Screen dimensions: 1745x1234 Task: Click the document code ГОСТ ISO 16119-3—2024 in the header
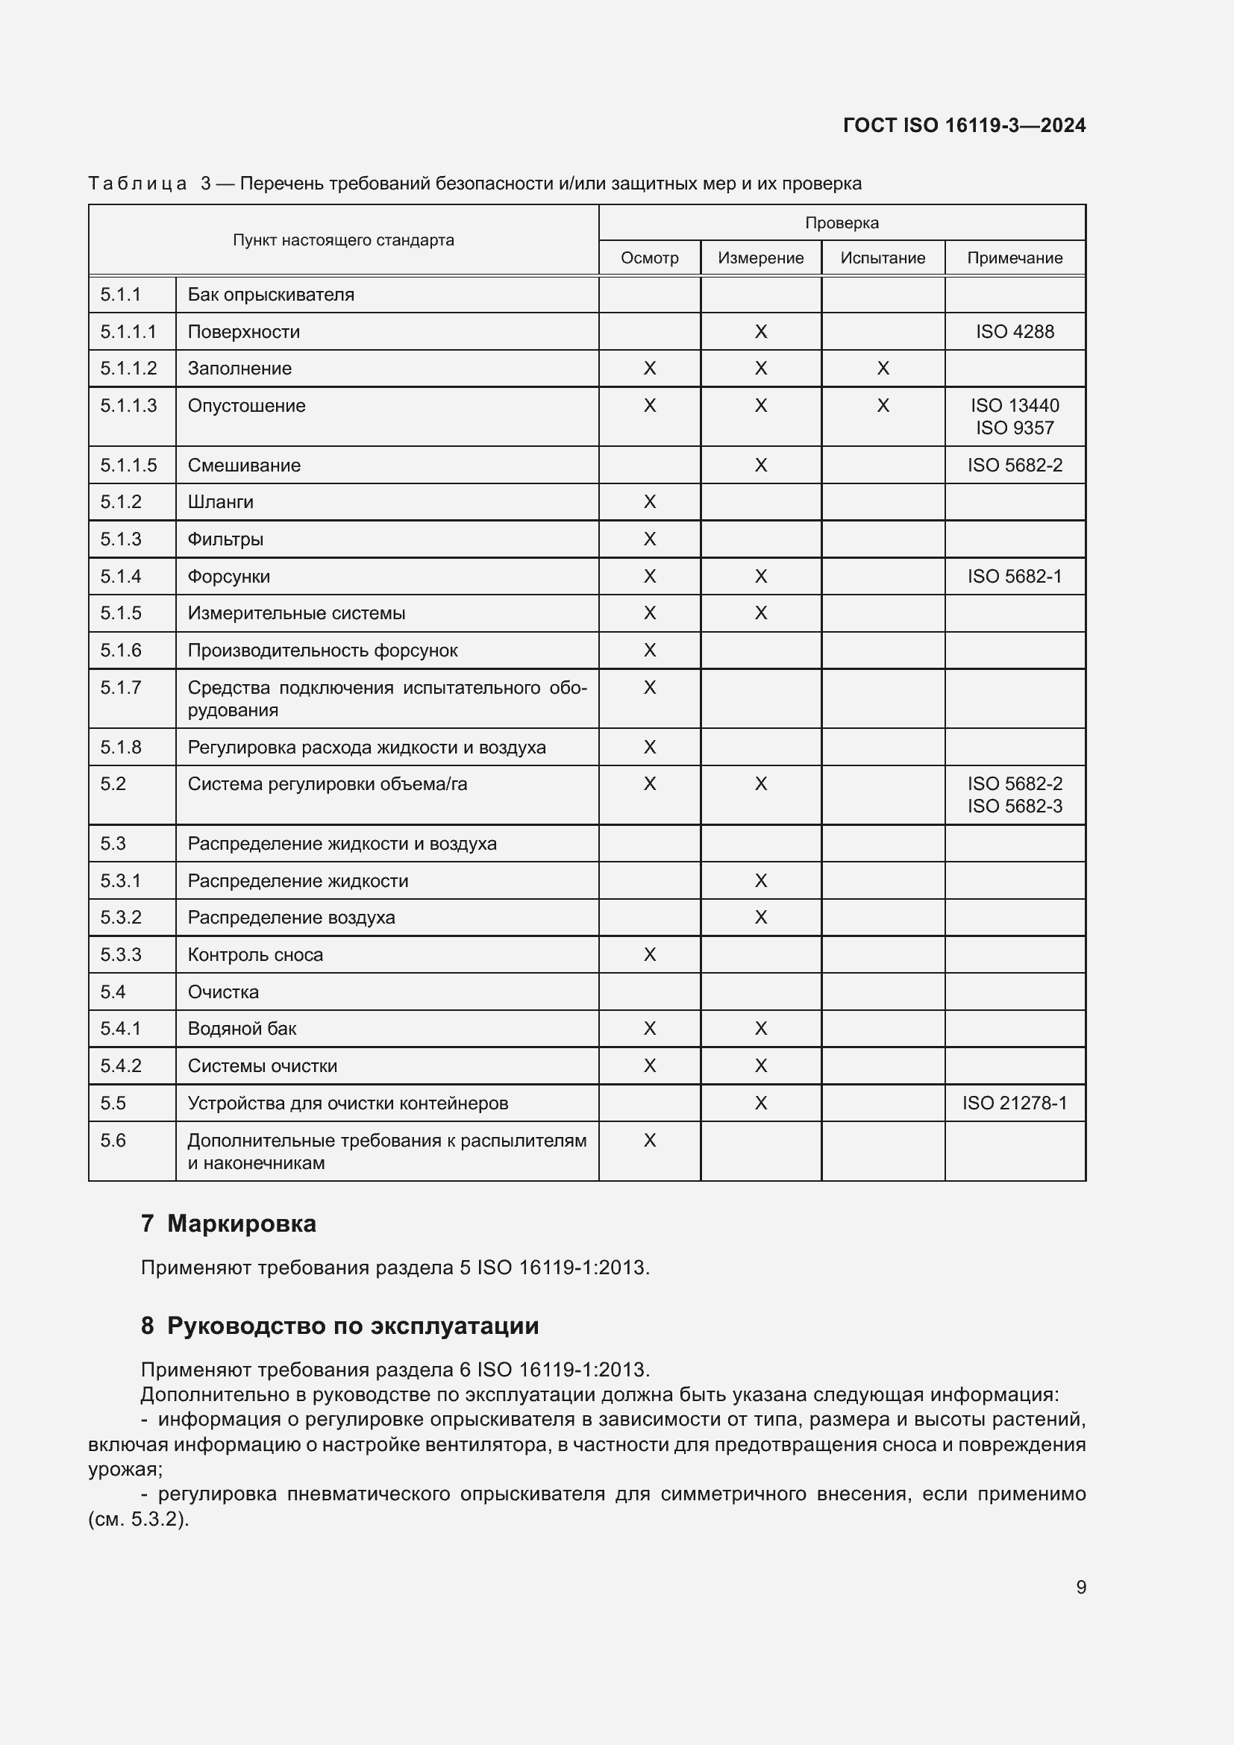click(x=963, y=125)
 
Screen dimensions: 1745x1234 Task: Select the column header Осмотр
click(x=649, y=257)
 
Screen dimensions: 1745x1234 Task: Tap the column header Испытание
click(x=882, y=257)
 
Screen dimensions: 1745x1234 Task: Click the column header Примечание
click(x=1015, y=257)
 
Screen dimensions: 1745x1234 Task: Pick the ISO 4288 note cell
click(x=1015, y=331)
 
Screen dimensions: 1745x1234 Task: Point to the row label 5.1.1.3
click(x=128, y=405)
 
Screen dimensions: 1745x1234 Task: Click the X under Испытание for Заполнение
click(x=882, y=369)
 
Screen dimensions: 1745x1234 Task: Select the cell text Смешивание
click(x=244, y=465)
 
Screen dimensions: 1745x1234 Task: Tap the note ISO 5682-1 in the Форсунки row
click(x=1015, y=576)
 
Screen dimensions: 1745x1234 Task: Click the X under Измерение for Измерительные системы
click(x=760, y=613)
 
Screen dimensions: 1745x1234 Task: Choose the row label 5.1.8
click(x=121, y=747)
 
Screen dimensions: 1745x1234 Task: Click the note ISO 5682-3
click(x=1015, y=806)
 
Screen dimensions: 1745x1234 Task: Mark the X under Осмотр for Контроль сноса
click(x=649, y=955)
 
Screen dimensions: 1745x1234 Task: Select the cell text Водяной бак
click(x=242, y=1028)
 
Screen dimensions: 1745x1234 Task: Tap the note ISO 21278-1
click(x=1015, y=1103)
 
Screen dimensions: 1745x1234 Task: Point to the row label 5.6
click(x=113, y=1140)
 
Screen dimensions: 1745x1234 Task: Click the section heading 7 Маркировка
click(x=228, y=1224)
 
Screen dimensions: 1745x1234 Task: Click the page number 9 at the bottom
click(x=1080, y=1587)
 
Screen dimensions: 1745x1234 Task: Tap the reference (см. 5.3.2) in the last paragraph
click(x=138, y=1519)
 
